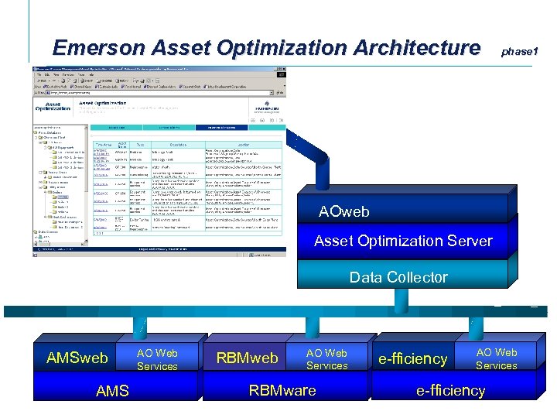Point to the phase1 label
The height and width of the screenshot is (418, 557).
coord(519,51)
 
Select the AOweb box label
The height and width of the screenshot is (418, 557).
coord(344,211)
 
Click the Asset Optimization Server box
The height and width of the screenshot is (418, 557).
coord(403,241)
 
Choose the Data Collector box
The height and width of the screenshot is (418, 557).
coord(398,277)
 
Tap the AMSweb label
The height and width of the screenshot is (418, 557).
coord(77,358)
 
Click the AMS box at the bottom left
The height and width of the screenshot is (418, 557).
coord(112,391)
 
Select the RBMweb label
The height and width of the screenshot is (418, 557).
coord(247,358)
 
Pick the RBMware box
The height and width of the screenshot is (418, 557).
coord(282,390)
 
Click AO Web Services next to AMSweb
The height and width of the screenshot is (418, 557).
coord(157,359)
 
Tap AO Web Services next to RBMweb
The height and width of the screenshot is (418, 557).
coord(326,359)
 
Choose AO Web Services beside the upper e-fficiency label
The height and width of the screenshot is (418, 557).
coord(496,358)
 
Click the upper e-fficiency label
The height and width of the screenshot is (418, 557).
coord(413,358)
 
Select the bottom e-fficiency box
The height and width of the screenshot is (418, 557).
coord(450,390)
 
